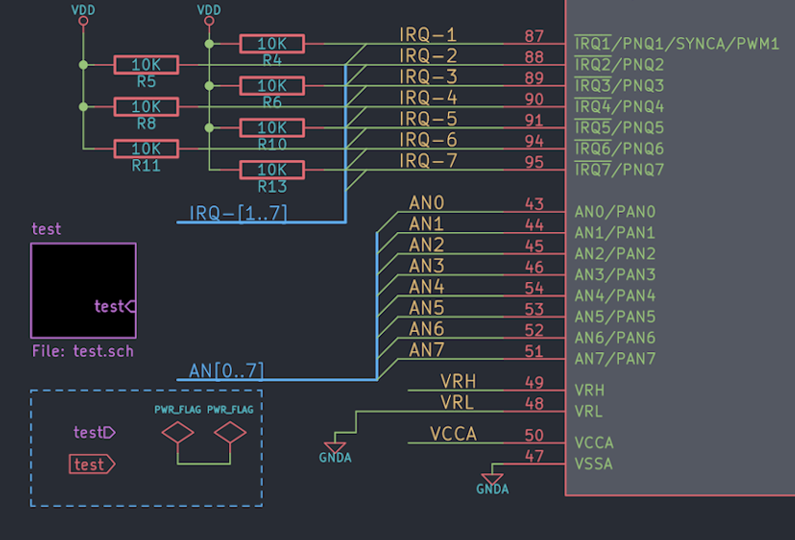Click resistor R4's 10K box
(272, 44)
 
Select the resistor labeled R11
(147, 148)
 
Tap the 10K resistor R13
(272, 170)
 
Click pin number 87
(534, 36)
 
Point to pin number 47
(534, 456)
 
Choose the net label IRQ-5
(429, 118)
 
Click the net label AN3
(426, 266)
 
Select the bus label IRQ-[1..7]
(238, 213)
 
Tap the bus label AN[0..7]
(227, 371)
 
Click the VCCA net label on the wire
(453, 434)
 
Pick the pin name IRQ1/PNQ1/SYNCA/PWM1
(677, 44)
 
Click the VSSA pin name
(593, 464)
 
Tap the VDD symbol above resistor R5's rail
(83, 15)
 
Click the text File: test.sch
(83, 351)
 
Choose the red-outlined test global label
(91, 465)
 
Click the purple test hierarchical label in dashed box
(94, 432)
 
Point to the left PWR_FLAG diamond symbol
(177, 433)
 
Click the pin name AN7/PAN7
(614, 359)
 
